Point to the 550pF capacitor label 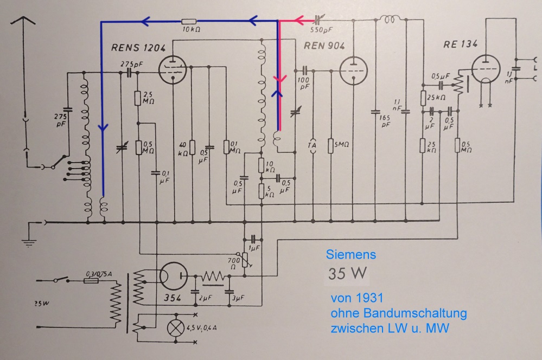(x=324, y=32)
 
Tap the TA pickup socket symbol (x=311, y=145)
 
